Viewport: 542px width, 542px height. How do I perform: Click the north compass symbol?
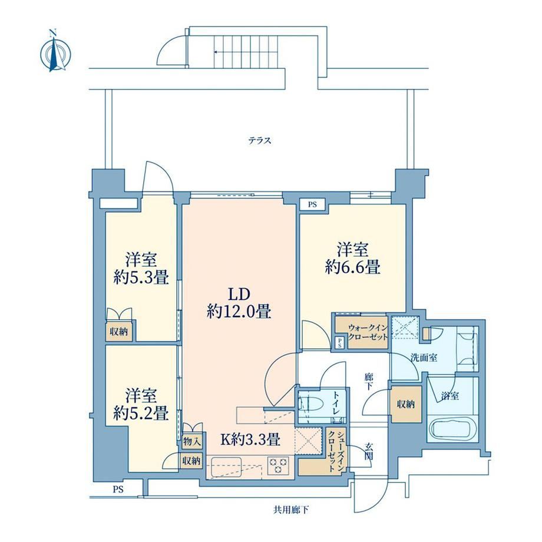[x=55, y=52]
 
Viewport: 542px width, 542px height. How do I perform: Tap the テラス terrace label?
[x=260, y=141]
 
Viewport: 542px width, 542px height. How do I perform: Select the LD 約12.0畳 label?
[x=239, y=303]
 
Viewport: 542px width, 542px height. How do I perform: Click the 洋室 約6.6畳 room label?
[x=352, y=259]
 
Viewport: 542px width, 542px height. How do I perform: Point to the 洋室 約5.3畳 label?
[x=141, y=269]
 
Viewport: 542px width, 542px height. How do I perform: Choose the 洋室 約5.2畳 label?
[x=141, y=404]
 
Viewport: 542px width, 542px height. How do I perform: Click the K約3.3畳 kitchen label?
[x=250, y=439]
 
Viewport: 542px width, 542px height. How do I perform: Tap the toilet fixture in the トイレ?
[x=310, y=404]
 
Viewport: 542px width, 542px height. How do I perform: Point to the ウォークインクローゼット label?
[x=368, y=332]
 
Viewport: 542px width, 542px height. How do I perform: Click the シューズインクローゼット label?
[x=336, y=451]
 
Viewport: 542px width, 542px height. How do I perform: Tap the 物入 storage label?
[x=192, y=441]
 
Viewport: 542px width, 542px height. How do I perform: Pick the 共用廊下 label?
[x=291, y=510]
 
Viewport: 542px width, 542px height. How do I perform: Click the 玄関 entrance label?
[x=368, y=451]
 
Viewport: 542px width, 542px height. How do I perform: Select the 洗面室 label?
[x=424, y=358]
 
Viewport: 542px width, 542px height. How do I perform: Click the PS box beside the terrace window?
[x=312, y=204]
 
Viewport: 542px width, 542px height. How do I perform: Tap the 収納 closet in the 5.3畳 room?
[x=118, y=332]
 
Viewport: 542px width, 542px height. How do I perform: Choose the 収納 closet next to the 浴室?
[x=406, y=404]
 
